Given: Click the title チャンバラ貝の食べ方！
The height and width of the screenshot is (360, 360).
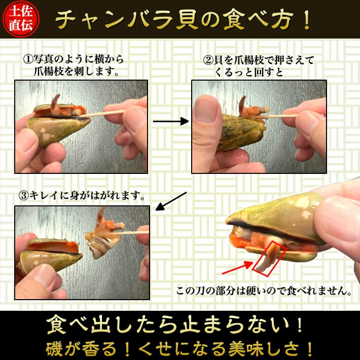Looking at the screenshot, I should [183, 19].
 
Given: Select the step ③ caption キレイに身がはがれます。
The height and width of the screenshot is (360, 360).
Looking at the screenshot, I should [82, 195].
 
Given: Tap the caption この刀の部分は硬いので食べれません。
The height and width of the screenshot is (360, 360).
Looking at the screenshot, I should [264, 292].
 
